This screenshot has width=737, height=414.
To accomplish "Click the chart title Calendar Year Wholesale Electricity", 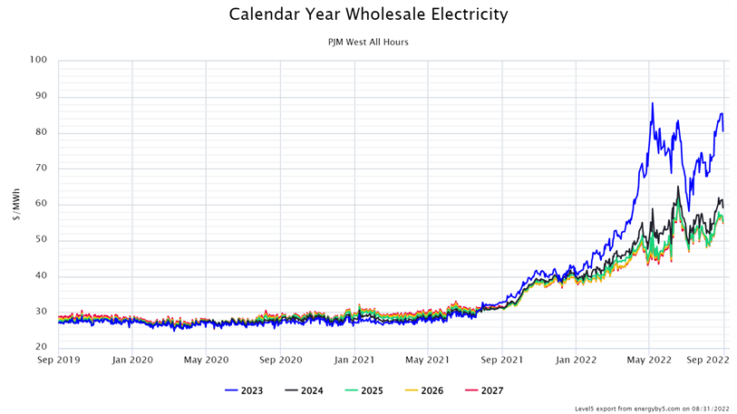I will [x=368, y=14].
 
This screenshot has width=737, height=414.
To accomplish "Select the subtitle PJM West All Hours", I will [x=368, y=42].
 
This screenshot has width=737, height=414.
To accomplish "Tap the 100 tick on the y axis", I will [x=38, y=61].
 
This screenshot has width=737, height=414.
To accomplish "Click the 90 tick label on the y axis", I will [x=40, y=97].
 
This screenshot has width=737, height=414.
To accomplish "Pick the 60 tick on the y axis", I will [x=40, y=205].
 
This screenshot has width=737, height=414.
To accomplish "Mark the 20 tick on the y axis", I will [x=40, y=348].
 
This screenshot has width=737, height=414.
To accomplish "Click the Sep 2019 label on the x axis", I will [x=58, y=360].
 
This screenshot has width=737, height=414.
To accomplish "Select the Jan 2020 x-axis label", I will [x=132, y=360].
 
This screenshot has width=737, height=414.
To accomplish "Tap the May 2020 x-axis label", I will [x=206, y=360].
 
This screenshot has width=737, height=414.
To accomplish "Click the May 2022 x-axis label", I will [x=649, y=360].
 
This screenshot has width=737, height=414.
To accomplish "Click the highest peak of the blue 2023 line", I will [x=652, y=103].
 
